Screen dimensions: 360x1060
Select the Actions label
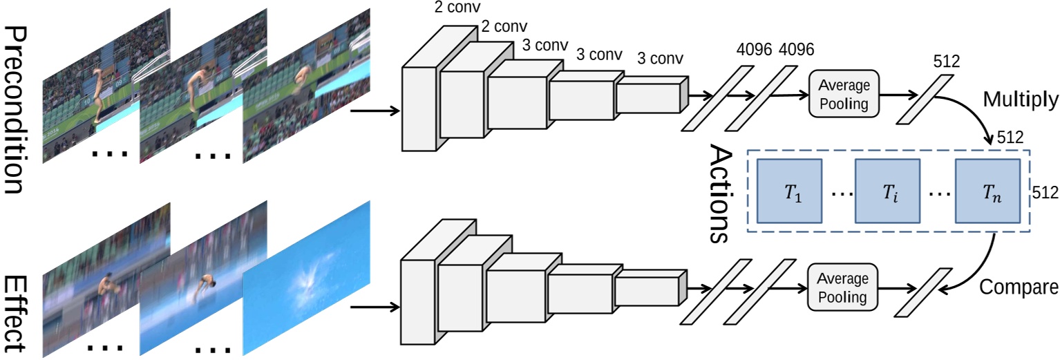721,193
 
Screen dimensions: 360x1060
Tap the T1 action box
790,191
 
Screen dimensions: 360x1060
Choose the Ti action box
887,191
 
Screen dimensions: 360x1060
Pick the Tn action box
987,191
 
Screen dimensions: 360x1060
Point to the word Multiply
1021,101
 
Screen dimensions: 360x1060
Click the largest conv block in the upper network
419,107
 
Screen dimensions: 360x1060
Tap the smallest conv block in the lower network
647,290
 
